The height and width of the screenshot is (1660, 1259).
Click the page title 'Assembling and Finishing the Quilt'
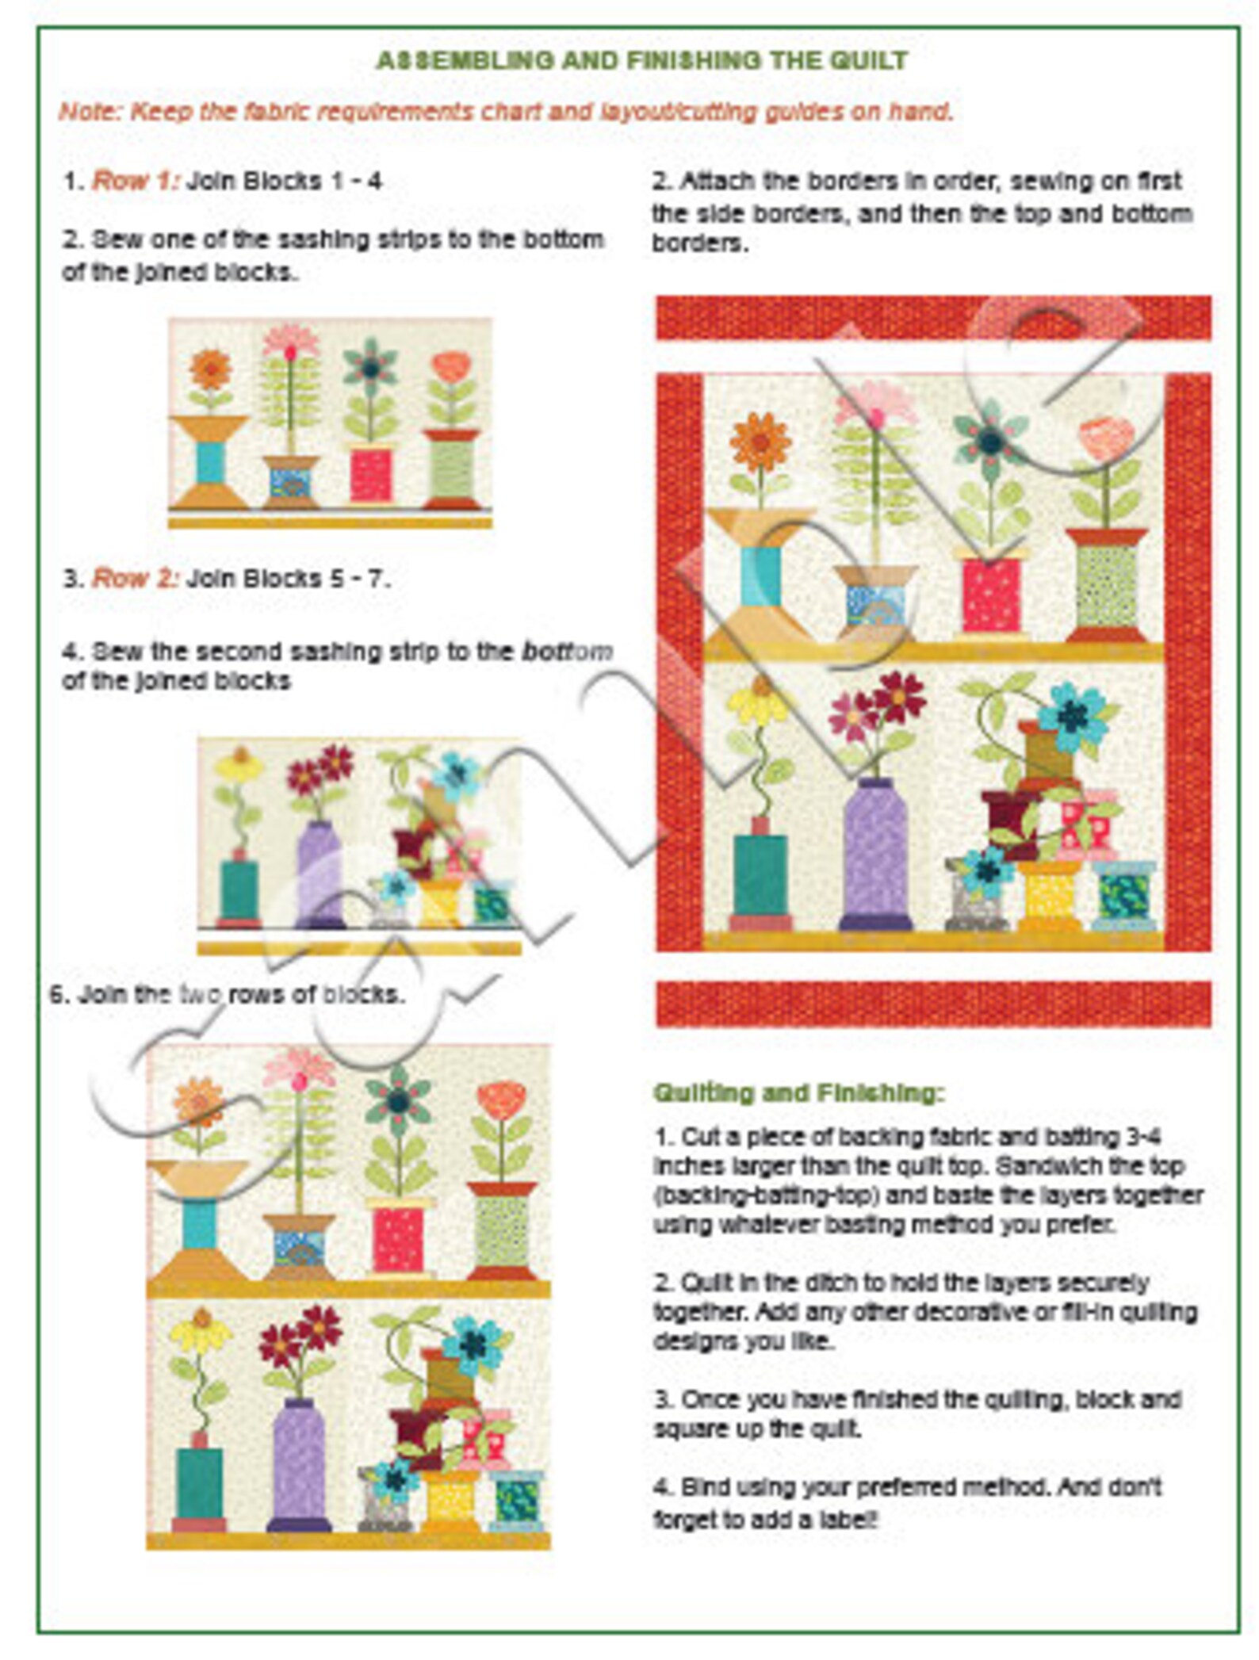(x=641, y=60)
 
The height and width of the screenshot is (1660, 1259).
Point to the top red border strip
(x=932, y=318)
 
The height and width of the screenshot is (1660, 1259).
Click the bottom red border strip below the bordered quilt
(x=932, y=1004)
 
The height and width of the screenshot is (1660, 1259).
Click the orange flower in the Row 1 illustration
(x=210, y=369)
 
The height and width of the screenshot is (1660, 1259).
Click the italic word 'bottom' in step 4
(x=566, y=651)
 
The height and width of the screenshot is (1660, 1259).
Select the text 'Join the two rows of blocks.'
(x=228, y=994)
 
